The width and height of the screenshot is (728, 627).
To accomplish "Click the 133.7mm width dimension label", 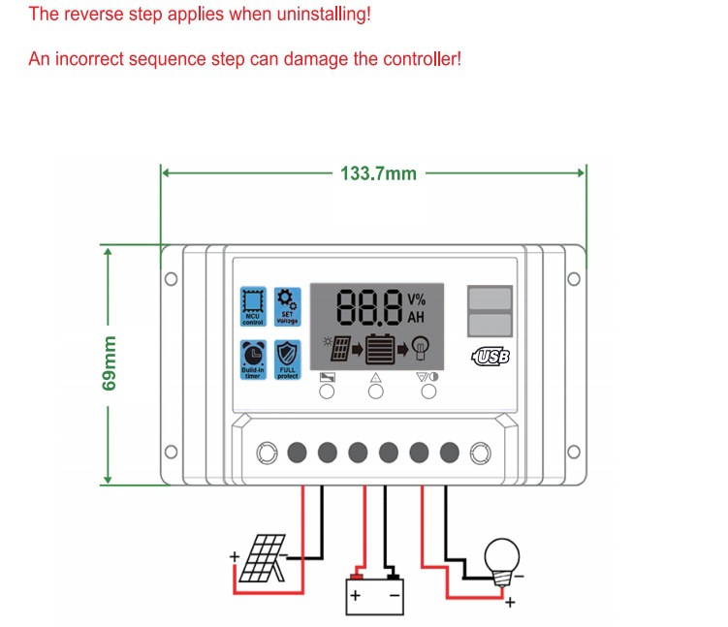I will (378, 173).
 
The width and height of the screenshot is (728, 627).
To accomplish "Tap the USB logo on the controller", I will (491, 357).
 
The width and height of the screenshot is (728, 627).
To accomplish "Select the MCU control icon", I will (253, 305).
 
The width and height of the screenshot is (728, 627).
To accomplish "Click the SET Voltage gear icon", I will (287, 305).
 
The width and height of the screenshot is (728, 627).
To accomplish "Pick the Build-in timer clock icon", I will (253, 359).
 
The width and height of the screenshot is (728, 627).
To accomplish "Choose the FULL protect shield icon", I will (287, 359).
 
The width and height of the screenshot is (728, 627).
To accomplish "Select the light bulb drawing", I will (502, 559).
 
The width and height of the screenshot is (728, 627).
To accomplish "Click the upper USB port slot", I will (490, 298).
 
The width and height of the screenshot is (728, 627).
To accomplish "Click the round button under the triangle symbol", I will (376, 392).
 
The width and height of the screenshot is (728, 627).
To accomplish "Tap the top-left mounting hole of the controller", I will (171, 280).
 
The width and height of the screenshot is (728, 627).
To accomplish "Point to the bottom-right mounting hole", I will (572, 452).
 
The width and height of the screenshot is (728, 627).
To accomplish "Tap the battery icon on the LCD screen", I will (378, 347).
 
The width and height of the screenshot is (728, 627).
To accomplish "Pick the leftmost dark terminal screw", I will (297, 452).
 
